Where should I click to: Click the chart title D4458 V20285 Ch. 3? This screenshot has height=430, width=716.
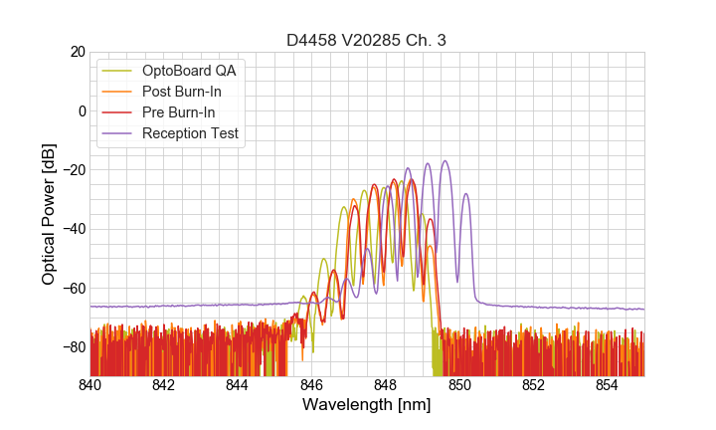367,40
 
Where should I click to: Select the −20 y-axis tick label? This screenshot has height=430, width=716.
74,170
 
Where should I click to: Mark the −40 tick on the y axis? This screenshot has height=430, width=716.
74,229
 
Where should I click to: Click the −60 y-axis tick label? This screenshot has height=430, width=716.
74,289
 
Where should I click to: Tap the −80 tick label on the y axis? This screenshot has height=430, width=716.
74,347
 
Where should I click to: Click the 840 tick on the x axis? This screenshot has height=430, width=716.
90,385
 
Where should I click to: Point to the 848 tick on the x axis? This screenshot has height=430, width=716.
386,385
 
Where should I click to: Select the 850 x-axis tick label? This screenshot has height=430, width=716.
459,385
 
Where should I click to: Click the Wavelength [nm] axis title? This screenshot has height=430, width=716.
367,406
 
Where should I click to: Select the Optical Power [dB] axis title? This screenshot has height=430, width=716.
48,214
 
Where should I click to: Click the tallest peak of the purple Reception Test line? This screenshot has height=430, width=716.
445,161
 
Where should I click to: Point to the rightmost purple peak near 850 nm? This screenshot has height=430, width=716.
465,194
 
